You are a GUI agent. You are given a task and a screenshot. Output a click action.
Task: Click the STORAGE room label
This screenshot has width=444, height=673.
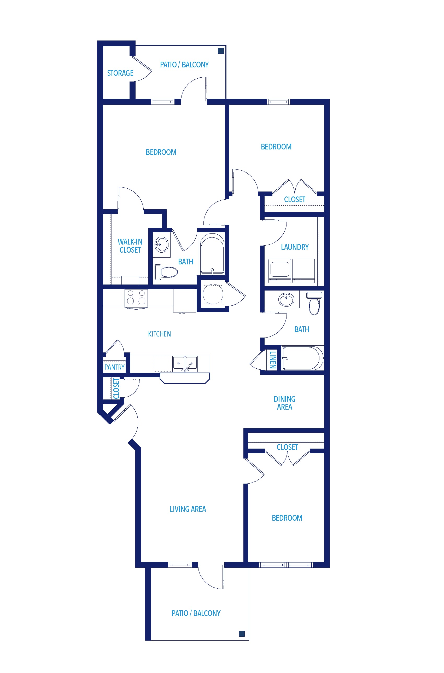coord(120,73)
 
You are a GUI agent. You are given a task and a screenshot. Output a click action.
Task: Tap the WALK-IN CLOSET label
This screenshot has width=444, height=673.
coord(130,246)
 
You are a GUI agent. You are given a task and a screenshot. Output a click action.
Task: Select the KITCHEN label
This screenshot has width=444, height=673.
coord(159,334)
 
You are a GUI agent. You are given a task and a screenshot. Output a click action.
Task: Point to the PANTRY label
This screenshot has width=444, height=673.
coord(114,367)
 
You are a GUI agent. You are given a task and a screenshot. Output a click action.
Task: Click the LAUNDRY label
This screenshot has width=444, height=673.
coord(295,247)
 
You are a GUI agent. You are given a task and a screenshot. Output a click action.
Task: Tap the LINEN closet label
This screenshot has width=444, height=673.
coord(272,360)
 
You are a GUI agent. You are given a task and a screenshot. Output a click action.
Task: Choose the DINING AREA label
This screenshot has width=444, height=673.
coord(284,403)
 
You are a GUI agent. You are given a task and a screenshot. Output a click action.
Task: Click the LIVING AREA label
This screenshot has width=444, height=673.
coord(188,509)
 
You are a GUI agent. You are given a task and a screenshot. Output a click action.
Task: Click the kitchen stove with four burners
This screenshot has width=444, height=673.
coord(136,299)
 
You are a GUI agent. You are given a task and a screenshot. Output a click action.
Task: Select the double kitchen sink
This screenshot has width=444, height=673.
coord(185,364)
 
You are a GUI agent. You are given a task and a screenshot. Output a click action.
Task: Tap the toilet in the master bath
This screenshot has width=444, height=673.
coord(166,272)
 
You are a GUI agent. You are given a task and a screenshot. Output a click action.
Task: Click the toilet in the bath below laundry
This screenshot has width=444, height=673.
coord(314,303)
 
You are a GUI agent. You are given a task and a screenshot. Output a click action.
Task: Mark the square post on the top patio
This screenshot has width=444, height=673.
coord(221,51)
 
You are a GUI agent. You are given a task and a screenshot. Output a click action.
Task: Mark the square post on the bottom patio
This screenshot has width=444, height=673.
coord(242,634)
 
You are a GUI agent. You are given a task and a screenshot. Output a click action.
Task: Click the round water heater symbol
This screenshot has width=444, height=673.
coord(213,294)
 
